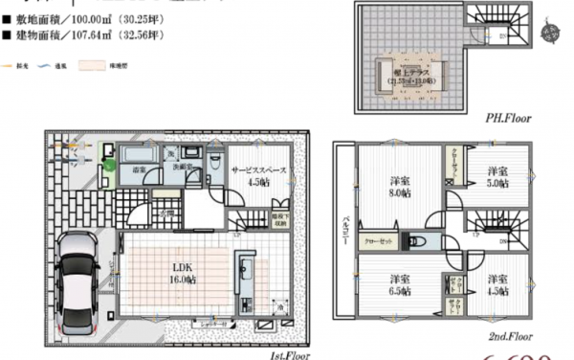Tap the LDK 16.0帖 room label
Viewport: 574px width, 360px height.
(x=179, y=273)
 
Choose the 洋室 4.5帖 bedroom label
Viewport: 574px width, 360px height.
(x=497, y=285)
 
